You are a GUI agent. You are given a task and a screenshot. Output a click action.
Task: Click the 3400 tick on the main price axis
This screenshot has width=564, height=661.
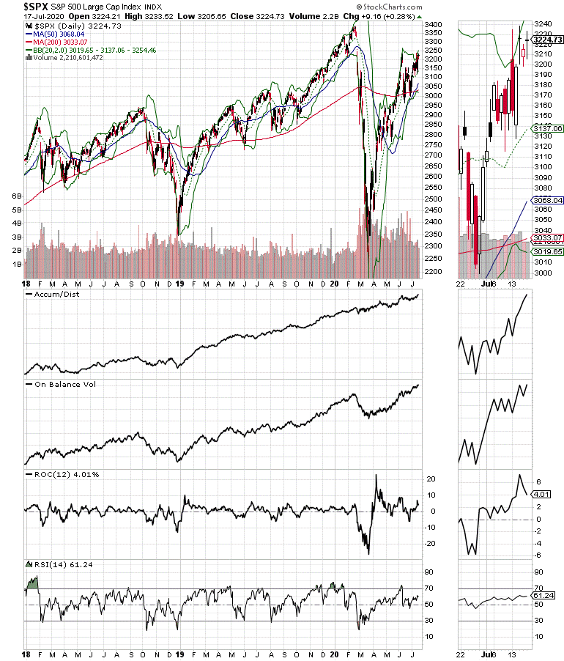point(434,25)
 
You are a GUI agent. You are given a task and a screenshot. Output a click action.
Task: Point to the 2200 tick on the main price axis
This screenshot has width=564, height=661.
point(434,272)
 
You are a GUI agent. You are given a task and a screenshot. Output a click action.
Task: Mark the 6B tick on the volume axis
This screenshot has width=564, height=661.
point(15,197)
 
